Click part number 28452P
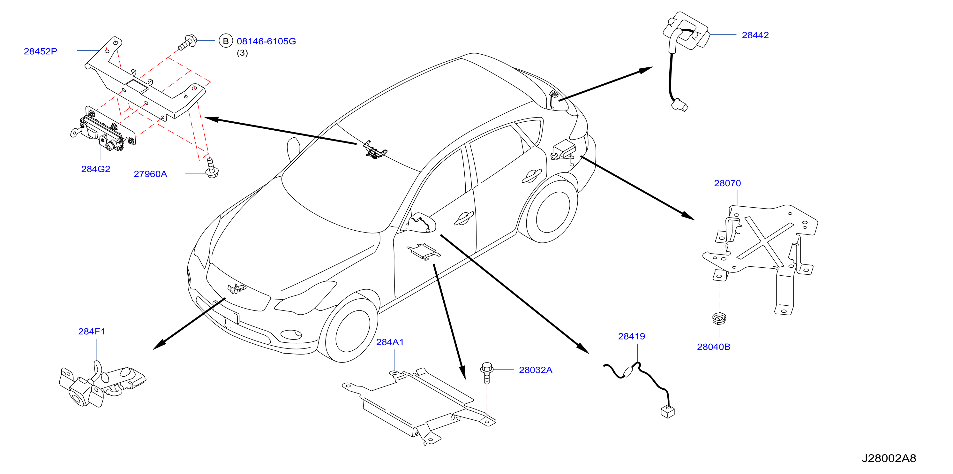pos(40,51)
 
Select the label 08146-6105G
pos(266,42)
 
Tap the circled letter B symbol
pos(226,41)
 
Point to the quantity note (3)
pos(242,53)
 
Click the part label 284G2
pos(95,169)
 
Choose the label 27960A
pos(150,174)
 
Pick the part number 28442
pos(755,35)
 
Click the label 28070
pos(727,183)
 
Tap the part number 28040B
pos(714,347)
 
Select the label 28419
pos(632,337)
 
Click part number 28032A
pos(536,370)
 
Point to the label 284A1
pos(390,342)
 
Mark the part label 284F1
pos(92,332)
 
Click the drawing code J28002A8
pos(889,458)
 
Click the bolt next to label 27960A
pos(212,168)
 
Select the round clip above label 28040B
pos(719,318)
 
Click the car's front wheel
pos(348,330)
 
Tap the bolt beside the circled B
pos(188,42)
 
